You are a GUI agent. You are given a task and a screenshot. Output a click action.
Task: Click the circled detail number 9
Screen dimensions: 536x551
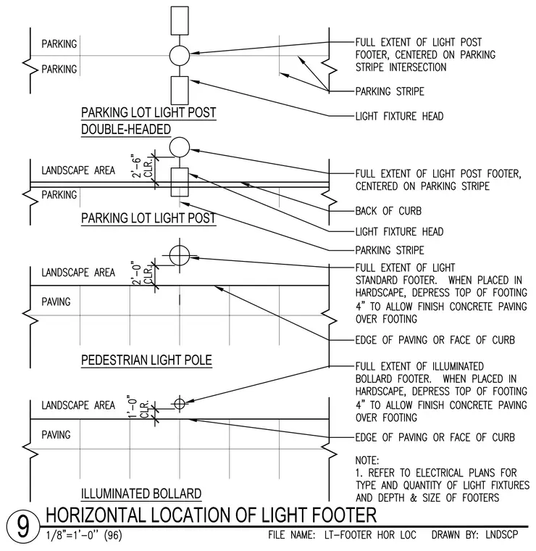pos(23,527)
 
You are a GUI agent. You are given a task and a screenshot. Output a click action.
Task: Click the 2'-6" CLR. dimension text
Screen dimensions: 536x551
pos(143,167)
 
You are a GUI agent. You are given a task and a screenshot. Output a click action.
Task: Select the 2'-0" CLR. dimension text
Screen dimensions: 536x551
pos(143,273)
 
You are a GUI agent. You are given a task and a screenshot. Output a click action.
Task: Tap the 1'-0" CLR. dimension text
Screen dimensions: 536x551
pos(138,407)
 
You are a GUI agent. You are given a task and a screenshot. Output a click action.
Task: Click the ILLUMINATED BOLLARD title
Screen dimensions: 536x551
pos(141,494)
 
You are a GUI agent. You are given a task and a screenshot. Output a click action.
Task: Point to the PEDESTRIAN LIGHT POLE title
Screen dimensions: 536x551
pos(146,360)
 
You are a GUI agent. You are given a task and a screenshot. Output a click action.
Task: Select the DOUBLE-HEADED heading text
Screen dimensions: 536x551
pos(125,129)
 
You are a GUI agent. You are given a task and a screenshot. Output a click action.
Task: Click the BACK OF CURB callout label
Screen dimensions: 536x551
pos(388,211)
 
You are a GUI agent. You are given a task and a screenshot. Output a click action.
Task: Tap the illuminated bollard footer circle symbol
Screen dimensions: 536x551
pos(180,404)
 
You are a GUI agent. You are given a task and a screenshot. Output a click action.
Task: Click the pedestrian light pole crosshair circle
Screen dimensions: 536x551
pos(180,255)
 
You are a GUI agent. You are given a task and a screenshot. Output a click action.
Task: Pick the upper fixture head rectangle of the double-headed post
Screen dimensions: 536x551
pos(180,21)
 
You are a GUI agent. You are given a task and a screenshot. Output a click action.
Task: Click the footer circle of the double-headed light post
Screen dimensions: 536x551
pos(180,56)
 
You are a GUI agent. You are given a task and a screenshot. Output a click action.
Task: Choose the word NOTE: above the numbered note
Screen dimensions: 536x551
pos(367,460)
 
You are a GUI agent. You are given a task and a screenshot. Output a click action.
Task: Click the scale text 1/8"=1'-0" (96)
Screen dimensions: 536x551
pos(84,536)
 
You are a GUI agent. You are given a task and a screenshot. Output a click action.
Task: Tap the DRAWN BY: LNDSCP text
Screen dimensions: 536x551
pos(474,535)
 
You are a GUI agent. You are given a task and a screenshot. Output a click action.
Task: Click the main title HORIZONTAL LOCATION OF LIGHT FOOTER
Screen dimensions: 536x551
pos(211,515)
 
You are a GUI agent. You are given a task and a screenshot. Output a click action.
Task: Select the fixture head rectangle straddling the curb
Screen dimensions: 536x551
pos(180,182)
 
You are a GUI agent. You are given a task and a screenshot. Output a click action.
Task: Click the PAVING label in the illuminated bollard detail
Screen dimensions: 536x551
pos(56,435)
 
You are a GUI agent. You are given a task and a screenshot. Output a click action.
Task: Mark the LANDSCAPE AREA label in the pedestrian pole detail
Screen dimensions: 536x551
pos(78,273)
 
